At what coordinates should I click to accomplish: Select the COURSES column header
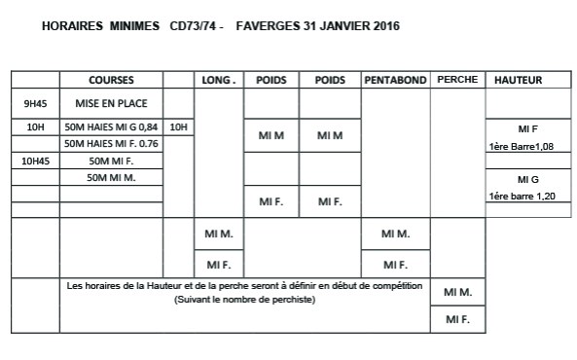tap(111, 80)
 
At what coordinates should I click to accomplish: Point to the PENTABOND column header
tap(395, 80)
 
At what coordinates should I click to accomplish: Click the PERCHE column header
tap(457, 80)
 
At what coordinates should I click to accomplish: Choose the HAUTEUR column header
tap(519, 80)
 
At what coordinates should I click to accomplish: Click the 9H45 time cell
tap(36, 103)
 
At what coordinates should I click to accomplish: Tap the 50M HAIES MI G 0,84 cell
tap(110, 127)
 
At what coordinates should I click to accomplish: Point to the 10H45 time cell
tap(36, 161)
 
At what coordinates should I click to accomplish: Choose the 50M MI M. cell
tap(110, 177)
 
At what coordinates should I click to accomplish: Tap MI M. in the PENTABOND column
tap(395, 234)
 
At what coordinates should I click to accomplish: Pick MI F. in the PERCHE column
tap(457, 319)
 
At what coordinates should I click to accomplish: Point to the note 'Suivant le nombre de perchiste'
tap(245, 300)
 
